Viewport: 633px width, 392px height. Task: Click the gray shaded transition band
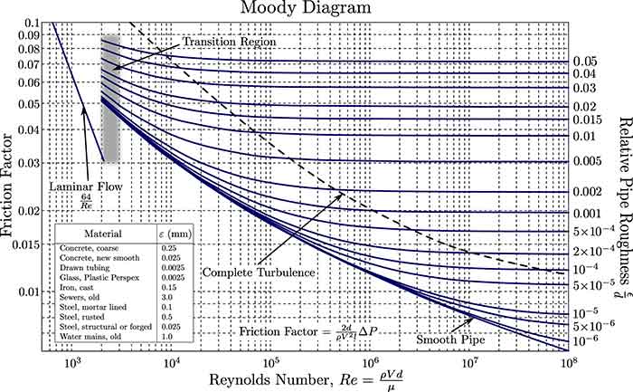[109, 100]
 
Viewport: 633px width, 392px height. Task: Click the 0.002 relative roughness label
[587, 193]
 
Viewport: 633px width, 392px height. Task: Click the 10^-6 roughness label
[584, 364]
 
